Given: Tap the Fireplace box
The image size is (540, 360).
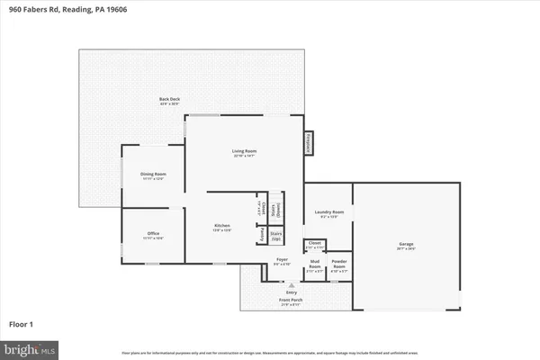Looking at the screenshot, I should click(308, 144).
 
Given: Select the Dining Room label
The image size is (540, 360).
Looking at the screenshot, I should click(153, 175).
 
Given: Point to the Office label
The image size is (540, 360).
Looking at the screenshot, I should click(153, 236).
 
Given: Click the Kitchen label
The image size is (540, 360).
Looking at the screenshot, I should click(222, 227).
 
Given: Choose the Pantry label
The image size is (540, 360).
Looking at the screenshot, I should click(263, 233).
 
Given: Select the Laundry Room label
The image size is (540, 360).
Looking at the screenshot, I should click(328, 214).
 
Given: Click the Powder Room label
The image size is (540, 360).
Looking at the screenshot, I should click(340, 265).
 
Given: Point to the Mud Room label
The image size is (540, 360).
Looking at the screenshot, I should click(316, 265).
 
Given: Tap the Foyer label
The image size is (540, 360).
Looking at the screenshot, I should click(282, 262).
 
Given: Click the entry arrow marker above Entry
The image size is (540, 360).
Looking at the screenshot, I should click(291, 283).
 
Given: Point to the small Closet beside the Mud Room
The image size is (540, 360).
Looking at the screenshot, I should click(315, 245).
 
